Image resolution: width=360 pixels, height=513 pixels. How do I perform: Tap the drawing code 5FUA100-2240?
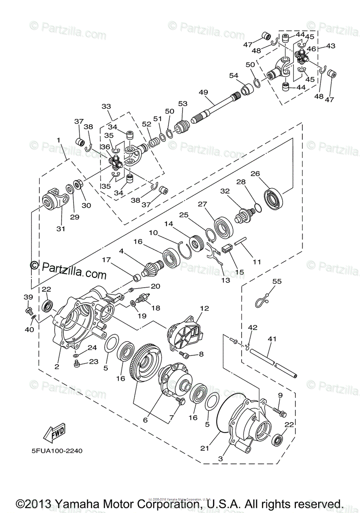coord(56,451)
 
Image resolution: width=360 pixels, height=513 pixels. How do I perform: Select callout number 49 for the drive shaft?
coord(203,92)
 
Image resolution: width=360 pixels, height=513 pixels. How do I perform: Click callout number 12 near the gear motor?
coord(204,308)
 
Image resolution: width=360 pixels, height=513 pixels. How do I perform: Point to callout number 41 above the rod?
coord(272,339)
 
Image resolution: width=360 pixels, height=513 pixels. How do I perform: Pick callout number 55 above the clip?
coord(277,281)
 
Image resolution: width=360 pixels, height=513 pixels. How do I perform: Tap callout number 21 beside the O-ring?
coord(205,448)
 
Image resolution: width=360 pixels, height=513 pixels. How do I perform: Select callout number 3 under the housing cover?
coord(221,458)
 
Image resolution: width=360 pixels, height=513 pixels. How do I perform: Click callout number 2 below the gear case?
coord(57,366)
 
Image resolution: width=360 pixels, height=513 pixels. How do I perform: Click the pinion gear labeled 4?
coord(150,268)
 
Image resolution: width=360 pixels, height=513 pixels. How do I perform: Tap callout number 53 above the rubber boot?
coord(183,104)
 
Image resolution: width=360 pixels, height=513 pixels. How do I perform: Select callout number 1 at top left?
coord(58,140)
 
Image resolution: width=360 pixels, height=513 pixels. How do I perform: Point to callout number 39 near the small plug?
coord(28,297)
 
